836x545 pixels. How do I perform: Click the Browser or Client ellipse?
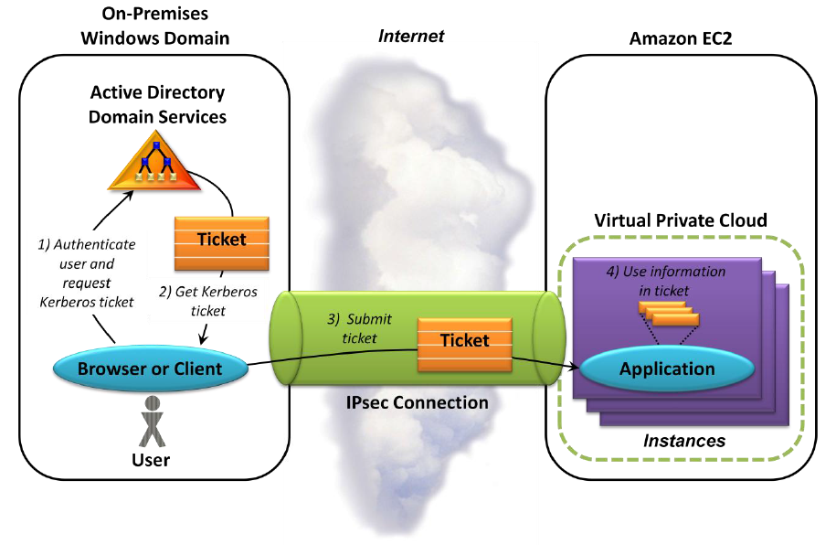150,369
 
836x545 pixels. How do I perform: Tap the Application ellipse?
667,369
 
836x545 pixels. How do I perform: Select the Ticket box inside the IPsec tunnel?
464,340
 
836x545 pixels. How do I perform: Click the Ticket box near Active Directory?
222,240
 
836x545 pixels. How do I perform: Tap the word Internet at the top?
411,37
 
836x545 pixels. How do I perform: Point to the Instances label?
683,441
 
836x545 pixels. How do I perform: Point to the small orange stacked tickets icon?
668,315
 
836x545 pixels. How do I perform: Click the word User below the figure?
151,459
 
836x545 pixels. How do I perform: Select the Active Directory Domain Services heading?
157,104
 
